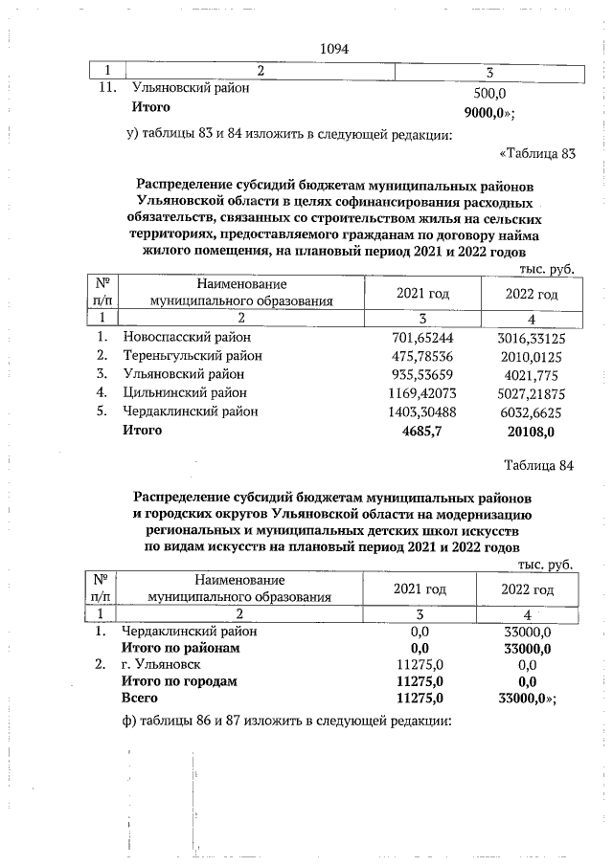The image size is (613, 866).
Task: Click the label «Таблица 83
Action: pyautogui.click(x=536, y=153)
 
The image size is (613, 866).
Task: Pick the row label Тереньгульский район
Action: pyautogui.click(x=191, y=356)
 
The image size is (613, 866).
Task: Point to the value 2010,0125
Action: pyautogui.click(x=530, y=356)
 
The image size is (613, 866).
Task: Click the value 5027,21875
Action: pyautogui.click(x=530, y=392)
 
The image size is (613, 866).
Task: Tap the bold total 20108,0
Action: pyautogui.click(x=530, y=431)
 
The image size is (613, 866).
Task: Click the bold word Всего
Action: pyautogui.click(x=139, y=699)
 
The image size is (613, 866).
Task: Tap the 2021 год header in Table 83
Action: pyautogui.click(x=421, y=295)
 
